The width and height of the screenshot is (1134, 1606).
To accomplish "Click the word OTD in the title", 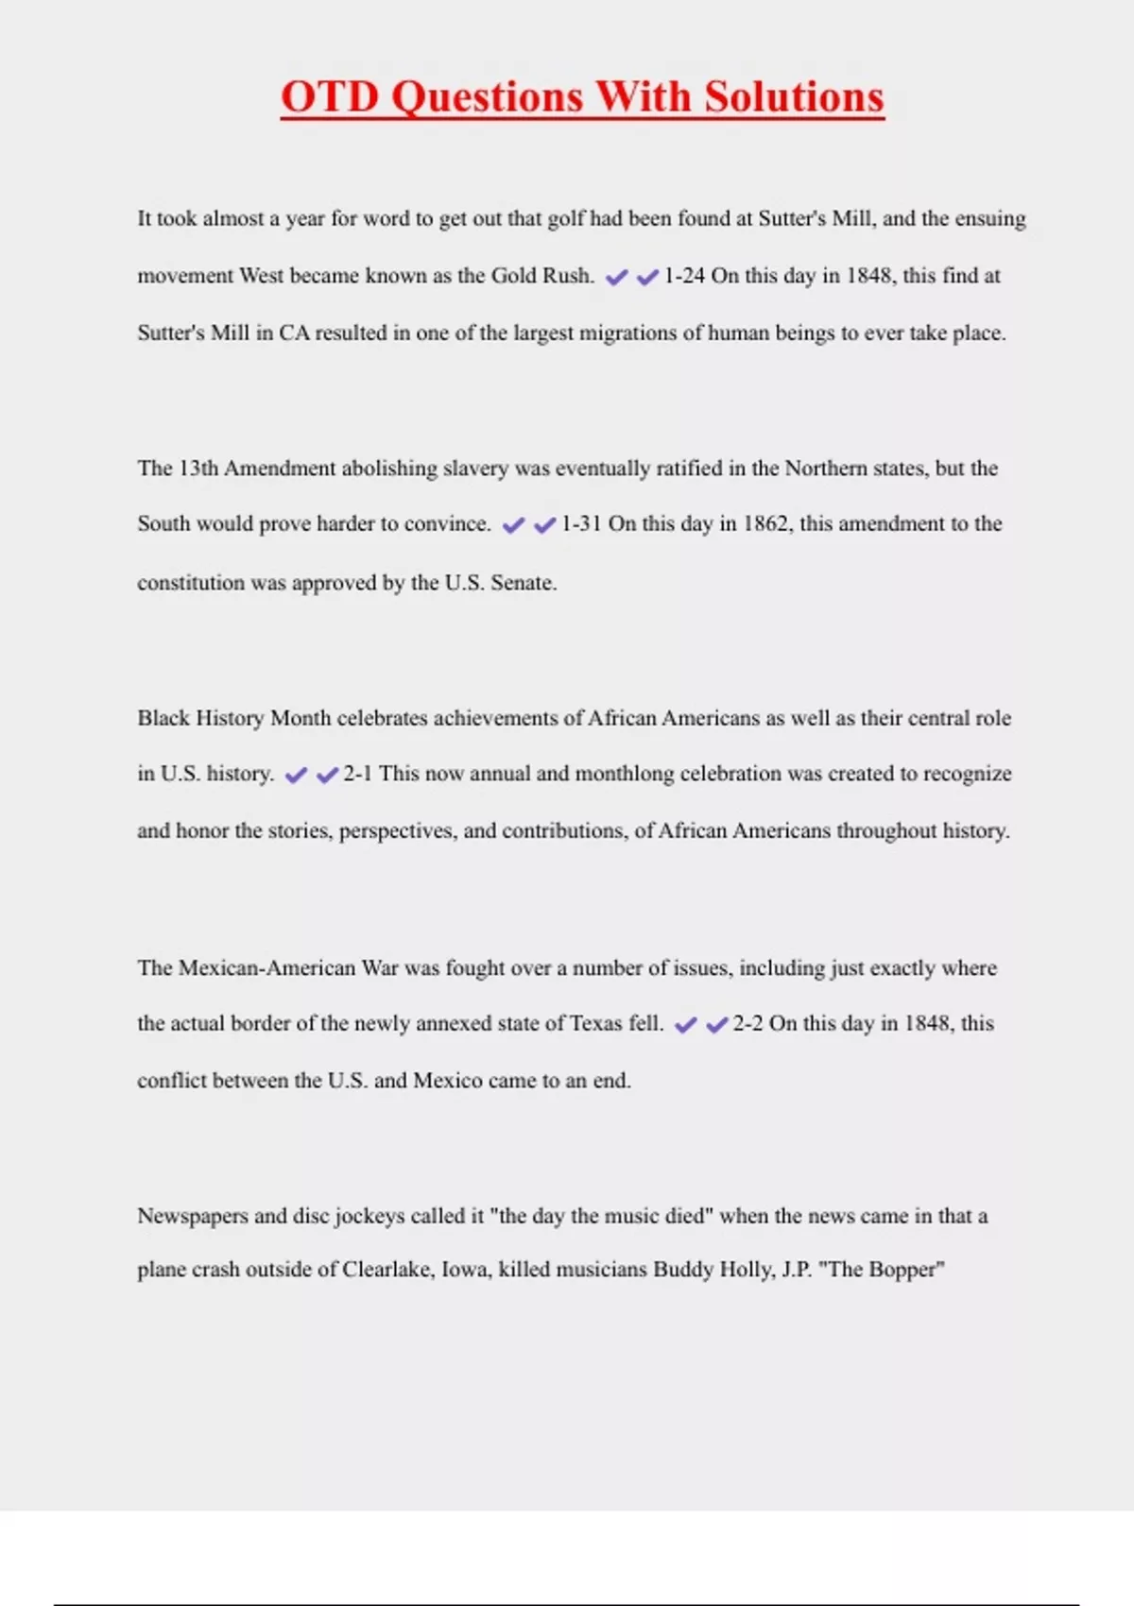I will [330, 97].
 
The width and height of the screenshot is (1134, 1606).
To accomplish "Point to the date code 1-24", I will [684, 276].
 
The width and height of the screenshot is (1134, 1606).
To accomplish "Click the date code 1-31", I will [581, 524].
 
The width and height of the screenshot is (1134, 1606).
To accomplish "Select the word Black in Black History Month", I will [163, 718].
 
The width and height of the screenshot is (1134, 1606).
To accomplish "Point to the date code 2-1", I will [357, 774].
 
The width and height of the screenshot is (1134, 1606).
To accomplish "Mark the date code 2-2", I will [747, 1024].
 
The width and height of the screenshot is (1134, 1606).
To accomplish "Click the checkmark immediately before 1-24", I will [647, 277].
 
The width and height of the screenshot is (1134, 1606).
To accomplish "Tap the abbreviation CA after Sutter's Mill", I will [294, 333].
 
